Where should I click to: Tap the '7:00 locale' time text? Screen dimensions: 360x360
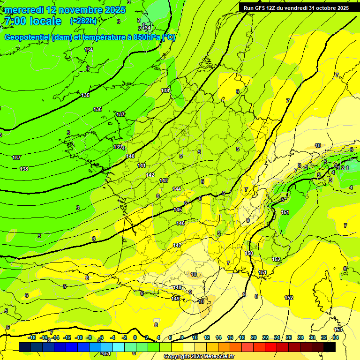tap(32, 21)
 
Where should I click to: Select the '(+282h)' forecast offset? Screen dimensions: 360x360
tap(83, 21)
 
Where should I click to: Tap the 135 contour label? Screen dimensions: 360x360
tap(85, 95)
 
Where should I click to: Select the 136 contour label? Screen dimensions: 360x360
tap(97, 109)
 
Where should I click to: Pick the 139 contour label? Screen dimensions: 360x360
tap(118, 147)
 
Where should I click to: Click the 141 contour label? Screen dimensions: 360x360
tap(142, 165)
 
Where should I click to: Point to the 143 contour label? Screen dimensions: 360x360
tap(164, 180)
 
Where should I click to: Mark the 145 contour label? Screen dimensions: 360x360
tap(178, 210)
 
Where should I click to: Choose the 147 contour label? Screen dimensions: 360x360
tap(177, 245)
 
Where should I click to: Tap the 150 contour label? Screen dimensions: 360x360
tap(249, 253)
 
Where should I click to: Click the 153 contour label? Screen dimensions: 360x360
tap(338, 330)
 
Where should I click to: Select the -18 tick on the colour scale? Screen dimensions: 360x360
tap(31, 337)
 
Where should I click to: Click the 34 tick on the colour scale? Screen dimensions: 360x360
tap(336, 337)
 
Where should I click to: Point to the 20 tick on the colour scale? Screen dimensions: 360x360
tap(254, 337)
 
